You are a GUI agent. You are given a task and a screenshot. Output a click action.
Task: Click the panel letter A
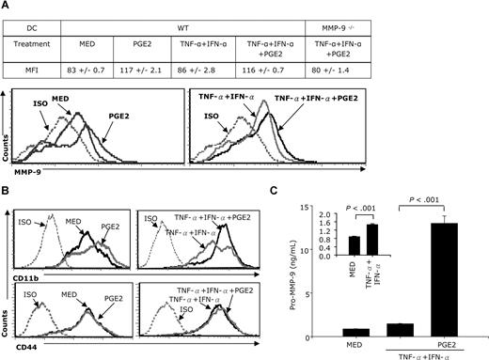[x=7, y=7]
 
